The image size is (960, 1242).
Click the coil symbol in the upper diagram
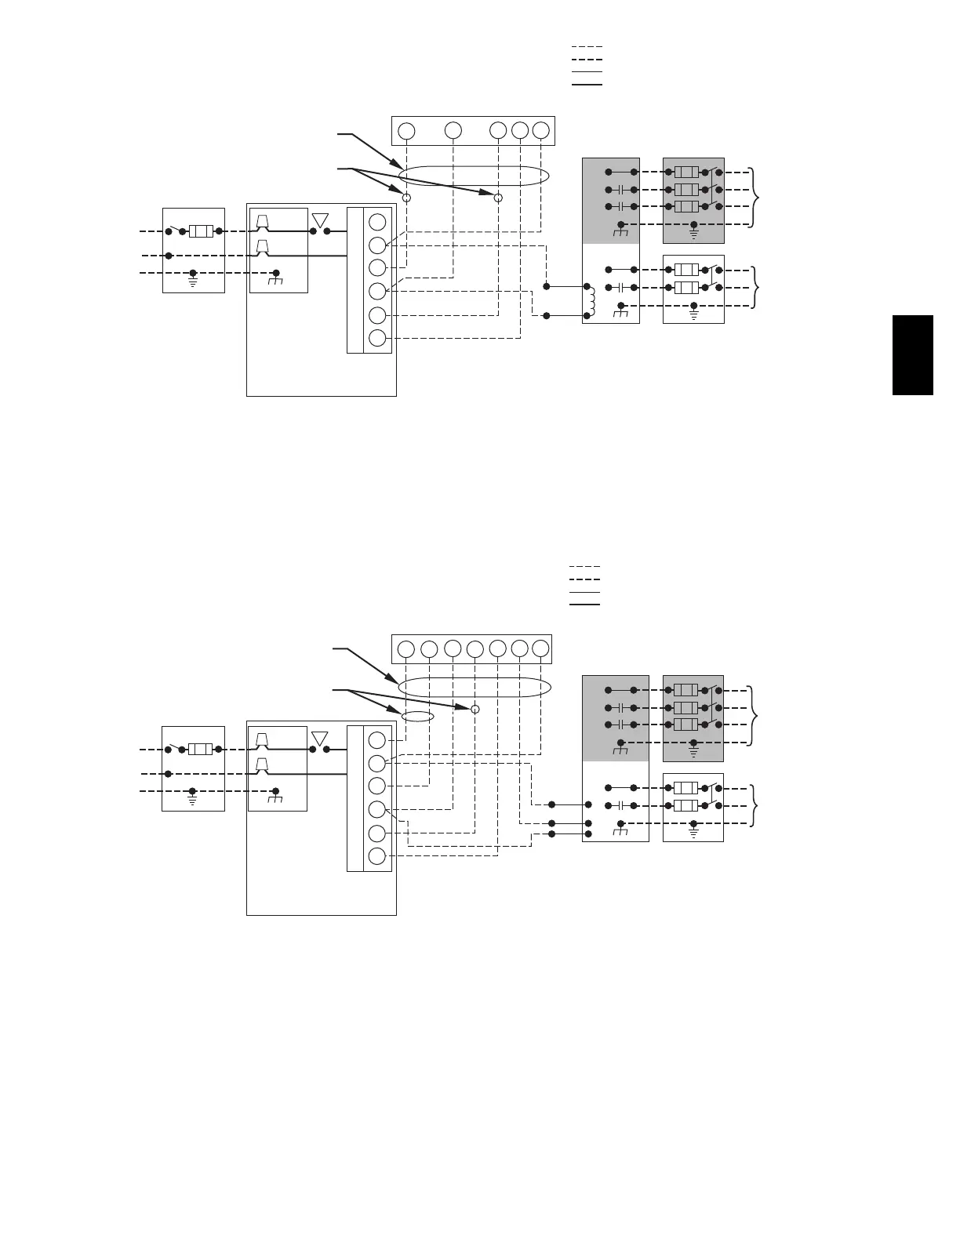591,299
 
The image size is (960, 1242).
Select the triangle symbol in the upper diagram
319,220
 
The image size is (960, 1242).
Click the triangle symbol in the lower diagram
319,739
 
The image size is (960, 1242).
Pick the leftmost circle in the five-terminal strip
406,131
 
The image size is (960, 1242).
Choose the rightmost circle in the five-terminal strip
540,131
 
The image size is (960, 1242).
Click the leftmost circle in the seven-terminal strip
405,649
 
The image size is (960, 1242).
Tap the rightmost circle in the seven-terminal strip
540,649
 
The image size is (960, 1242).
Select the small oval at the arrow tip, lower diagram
417,716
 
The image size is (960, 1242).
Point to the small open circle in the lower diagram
475,710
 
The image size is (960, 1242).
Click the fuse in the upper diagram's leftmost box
201,231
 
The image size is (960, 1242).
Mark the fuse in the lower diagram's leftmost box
201,750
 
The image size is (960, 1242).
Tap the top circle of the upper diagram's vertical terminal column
377,222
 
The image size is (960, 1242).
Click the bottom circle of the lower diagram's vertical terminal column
377,856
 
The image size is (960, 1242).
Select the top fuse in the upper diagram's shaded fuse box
686,172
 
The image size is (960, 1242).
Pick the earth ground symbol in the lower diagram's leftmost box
193,801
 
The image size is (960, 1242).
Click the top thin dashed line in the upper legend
587,47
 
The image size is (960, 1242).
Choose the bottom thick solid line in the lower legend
584,605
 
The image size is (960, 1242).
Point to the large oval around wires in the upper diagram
474,176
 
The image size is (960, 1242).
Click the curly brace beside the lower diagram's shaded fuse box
755,716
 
